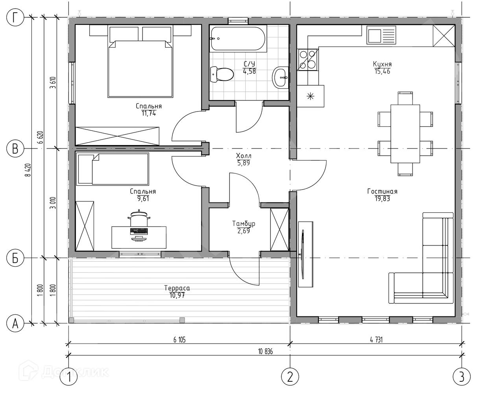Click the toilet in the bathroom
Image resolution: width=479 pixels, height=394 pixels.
click(x=222, y=74)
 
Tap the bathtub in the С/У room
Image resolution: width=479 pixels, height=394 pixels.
click(x=238, y=39)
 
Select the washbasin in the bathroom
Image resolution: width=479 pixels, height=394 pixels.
click(x=280, y=77)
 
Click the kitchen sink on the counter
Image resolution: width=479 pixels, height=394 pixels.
click(x=381, y=35)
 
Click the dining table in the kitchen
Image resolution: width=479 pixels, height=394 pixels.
click(x=405, y=134)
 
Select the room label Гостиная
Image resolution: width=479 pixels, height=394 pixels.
click(x=382, y=191)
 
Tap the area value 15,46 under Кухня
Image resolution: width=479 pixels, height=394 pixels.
click(x=382, y=71)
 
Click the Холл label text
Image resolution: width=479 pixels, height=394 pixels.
click(x=244, y=156)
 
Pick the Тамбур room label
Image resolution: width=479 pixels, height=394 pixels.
click(x=244, y=224)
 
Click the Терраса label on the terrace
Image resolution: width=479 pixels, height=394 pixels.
click(x=177, y=288)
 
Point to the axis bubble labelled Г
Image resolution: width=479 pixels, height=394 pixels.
click(x=15, y=17)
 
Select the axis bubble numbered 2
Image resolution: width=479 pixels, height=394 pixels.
click(x=290, y=377)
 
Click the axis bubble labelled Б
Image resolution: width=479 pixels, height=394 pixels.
click(x=15, y=258)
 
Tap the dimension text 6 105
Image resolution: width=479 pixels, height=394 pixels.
click(x=179, y=340)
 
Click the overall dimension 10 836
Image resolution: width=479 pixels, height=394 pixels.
click(x=265, y=352)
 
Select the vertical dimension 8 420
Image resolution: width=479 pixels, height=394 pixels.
click(x=28, y=170)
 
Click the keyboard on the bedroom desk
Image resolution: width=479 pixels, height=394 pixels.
click(x=139, y=231)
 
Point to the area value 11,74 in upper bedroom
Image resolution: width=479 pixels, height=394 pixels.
click(x=149, y=113)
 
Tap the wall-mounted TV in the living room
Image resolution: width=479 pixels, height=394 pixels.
click(x=303, y=254)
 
